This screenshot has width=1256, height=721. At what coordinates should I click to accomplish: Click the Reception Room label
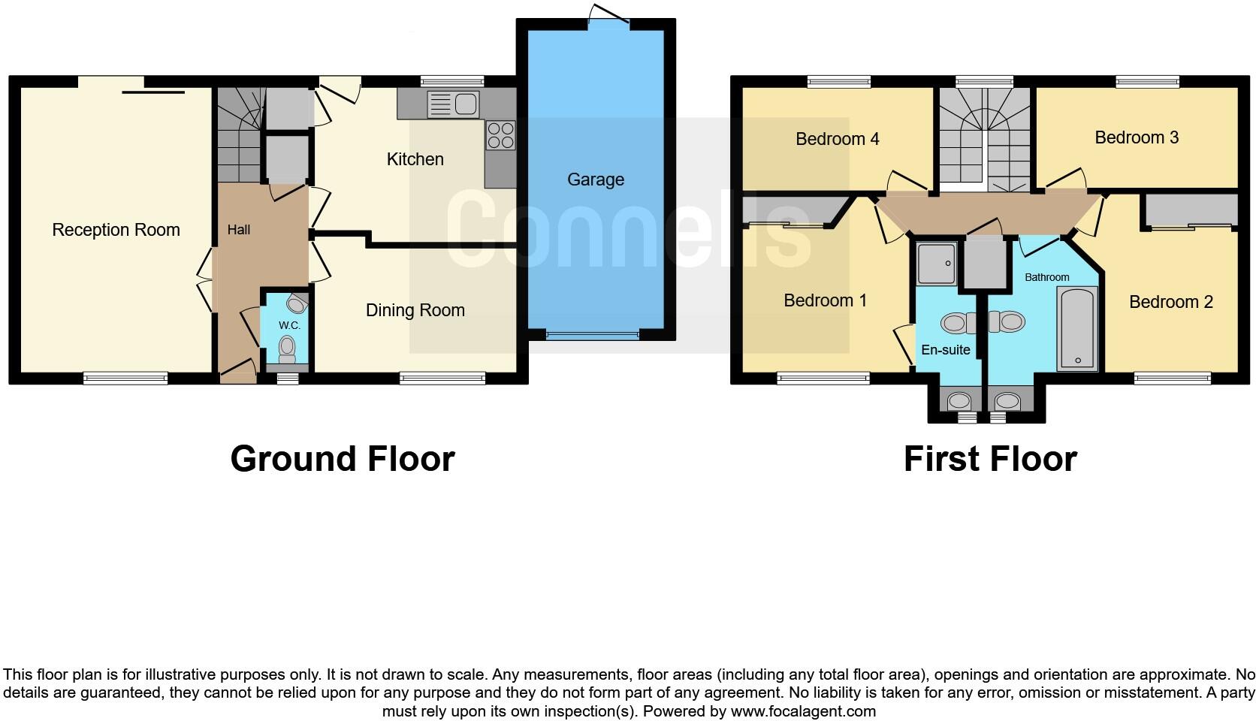[116, 230]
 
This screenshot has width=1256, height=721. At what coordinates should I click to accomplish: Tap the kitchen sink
[453, 104]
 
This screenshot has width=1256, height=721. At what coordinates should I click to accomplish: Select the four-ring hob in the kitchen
[500, 135]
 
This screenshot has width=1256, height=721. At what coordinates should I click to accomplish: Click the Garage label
[595, 179]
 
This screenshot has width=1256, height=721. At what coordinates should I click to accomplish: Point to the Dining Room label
[415, 310]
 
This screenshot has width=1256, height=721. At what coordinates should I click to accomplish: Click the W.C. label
[289, 325]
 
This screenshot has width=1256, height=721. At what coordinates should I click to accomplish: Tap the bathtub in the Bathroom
[1077, 328]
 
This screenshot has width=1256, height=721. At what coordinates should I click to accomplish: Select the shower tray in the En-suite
[936, 264]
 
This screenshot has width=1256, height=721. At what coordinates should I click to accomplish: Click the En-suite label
[945, 350]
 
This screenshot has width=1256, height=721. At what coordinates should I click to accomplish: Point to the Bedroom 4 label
[837, 139]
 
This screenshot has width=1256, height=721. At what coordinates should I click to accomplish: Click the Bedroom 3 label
[1136, 137]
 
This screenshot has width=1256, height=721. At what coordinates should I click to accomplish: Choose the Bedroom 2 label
[1170, 302]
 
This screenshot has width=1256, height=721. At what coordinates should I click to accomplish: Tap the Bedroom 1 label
[825, 300]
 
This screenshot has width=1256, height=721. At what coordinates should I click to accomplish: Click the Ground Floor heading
[342, 459]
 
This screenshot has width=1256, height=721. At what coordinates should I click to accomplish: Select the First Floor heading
[989, 459]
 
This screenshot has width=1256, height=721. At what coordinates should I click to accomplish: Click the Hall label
[239, 230]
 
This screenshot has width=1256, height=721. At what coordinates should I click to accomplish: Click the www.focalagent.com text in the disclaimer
[802, 711]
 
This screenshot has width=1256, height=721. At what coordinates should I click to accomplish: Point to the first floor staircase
[984, 139]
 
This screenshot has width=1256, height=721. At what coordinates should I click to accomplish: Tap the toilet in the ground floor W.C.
[287, 347]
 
